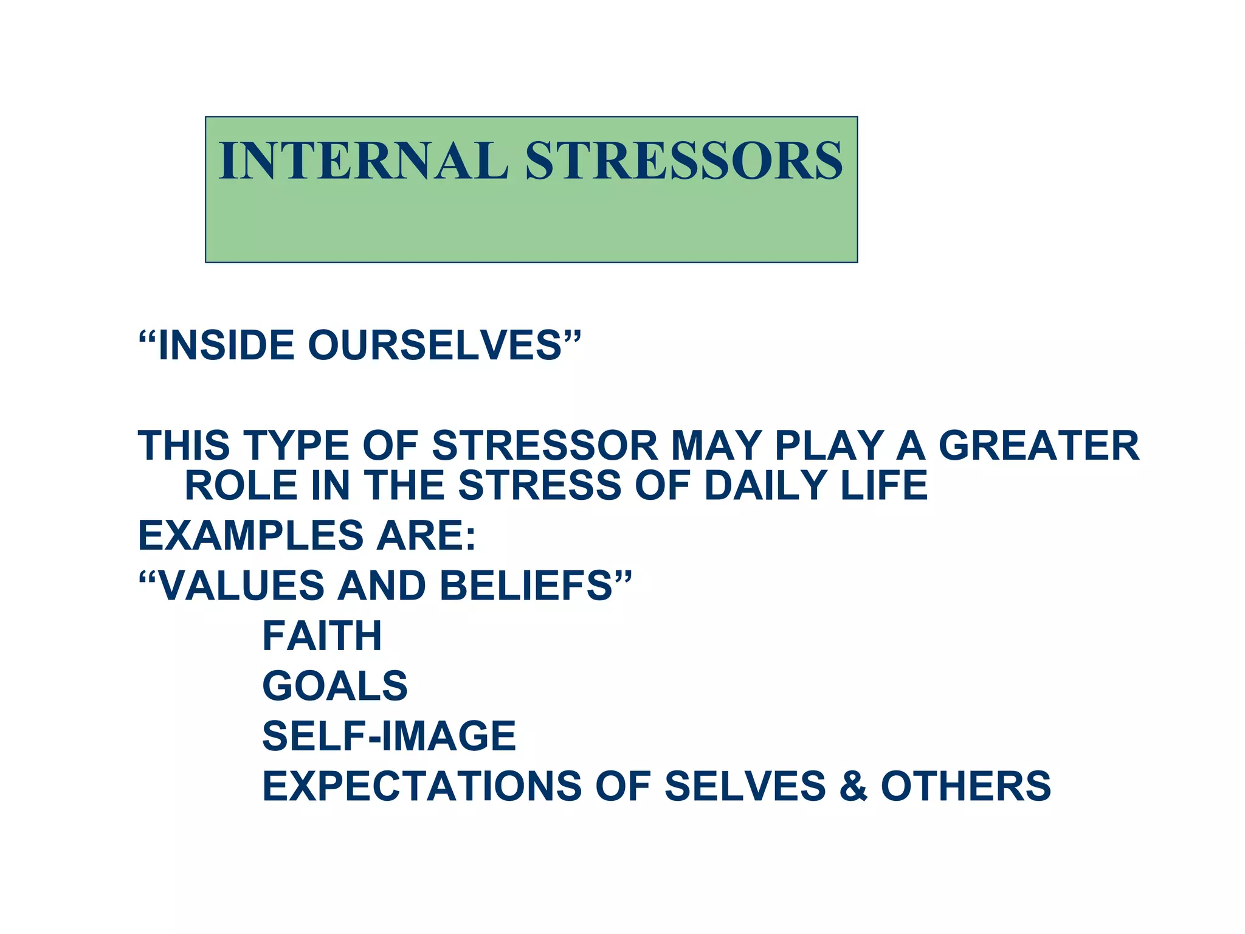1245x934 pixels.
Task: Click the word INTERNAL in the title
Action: [x=363, y=161]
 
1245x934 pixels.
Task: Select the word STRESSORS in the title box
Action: [x=684, y=161]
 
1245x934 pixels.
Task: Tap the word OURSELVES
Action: [x=435, y=345]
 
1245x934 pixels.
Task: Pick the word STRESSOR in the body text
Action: [x=545, y=446]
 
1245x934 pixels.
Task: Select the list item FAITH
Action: [x=322, y=636]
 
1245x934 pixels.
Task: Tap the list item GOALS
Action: [x=334, y=686]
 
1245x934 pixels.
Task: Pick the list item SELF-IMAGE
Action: [x=388, y=736]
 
